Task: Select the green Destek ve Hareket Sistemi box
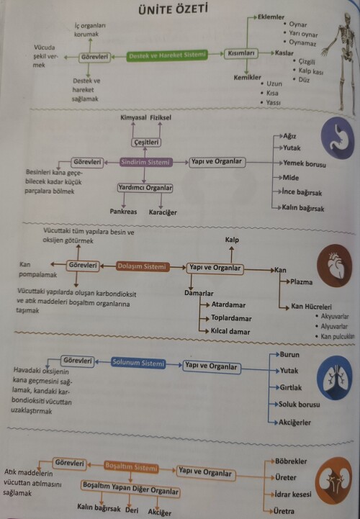[167, 55]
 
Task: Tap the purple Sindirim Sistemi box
[145, 163]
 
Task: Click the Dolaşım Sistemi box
[141, 267]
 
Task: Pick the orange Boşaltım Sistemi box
[131, 466]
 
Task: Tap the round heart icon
[335, 263]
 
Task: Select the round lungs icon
[336, 380]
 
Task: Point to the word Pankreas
[123, 212]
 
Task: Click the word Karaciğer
[163, 212]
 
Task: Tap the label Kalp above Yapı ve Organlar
[231, 239]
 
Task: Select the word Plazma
[301, 281]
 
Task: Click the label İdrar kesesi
[293, 495]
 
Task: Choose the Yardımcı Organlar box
[145, 189]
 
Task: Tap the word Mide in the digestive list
[291, 177]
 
